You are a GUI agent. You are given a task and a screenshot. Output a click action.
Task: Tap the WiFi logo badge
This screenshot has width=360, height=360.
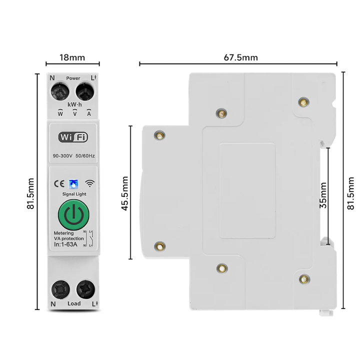click(x=73, y=136)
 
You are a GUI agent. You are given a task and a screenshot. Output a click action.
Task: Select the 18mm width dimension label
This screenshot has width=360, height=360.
click(x=72, y=57)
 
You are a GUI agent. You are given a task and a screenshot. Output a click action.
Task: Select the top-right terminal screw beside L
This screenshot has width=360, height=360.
click(x=84, y=92)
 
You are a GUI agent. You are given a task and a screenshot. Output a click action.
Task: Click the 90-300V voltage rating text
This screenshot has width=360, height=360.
click(x=62, y=156)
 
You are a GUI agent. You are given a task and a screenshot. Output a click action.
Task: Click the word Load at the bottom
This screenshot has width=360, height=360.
click(x=73, y=303)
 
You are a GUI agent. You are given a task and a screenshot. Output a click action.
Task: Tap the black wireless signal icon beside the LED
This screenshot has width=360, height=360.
click(x=89, y=183)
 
